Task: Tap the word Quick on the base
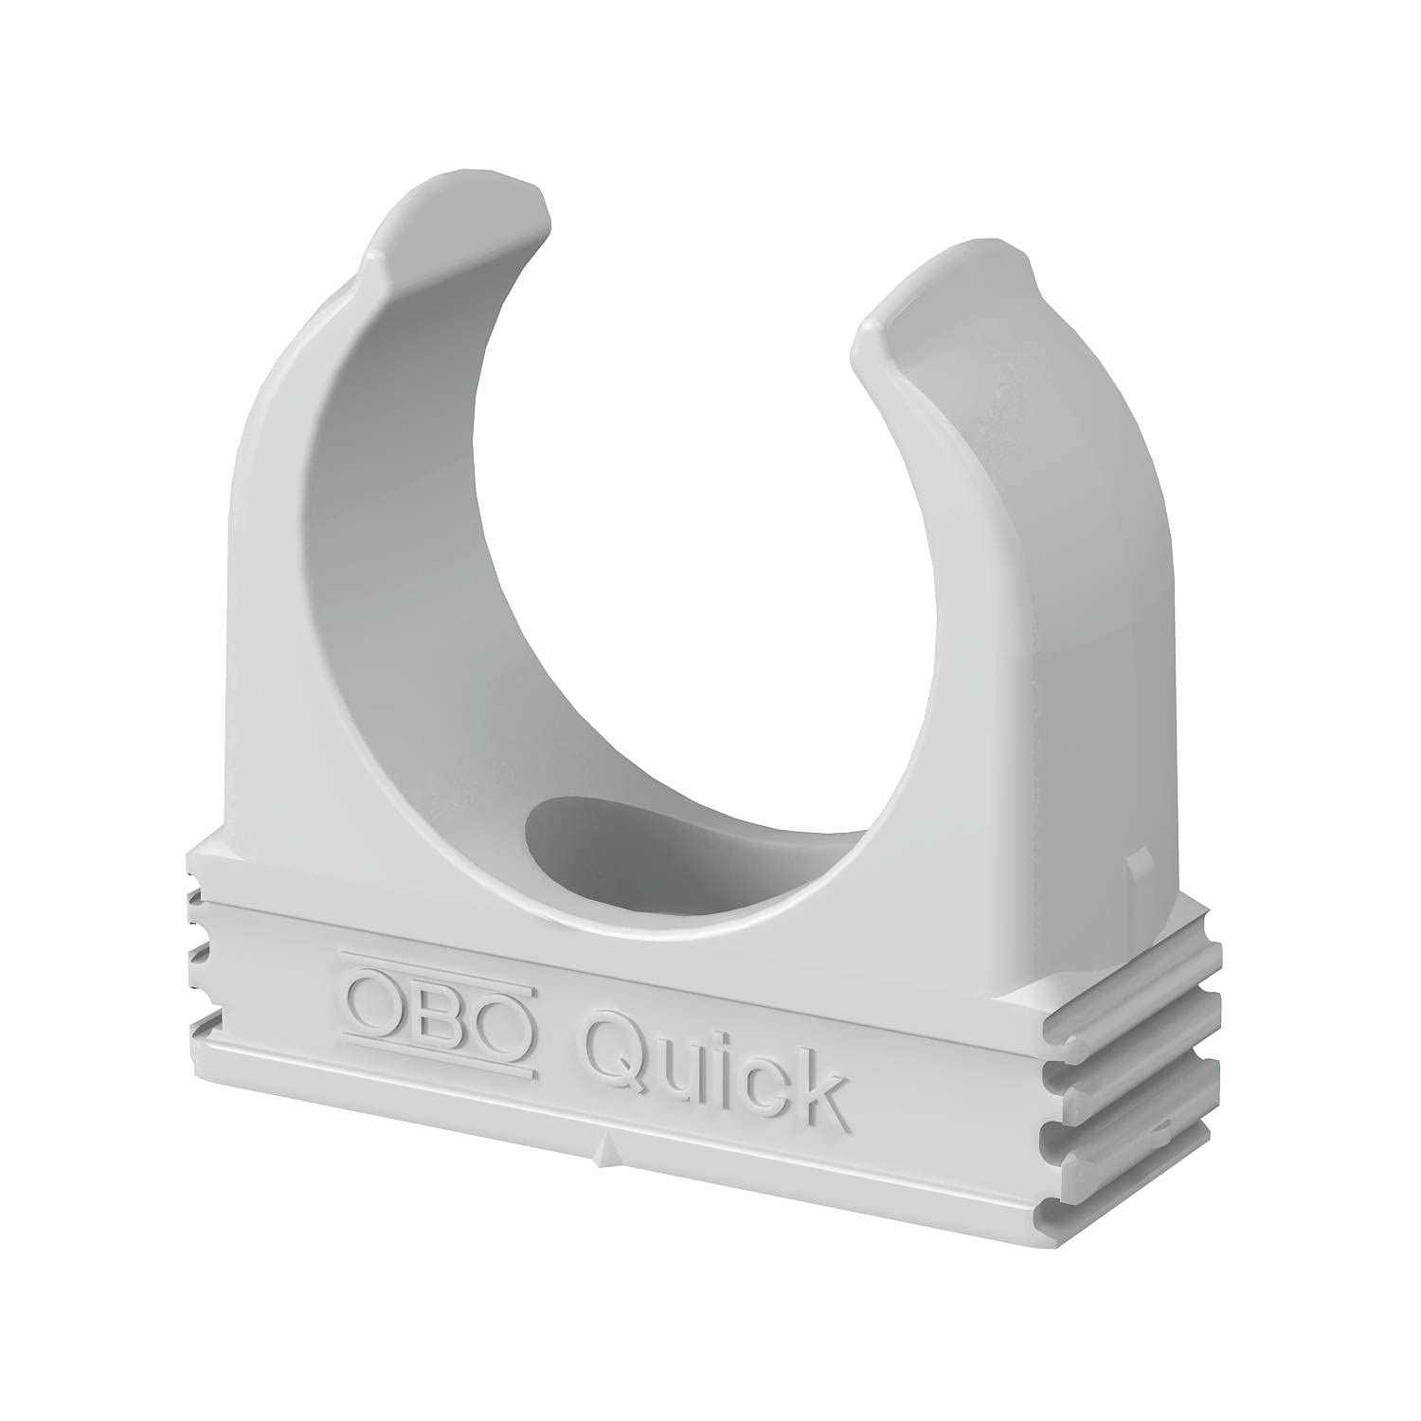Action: coord(712,1070)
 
